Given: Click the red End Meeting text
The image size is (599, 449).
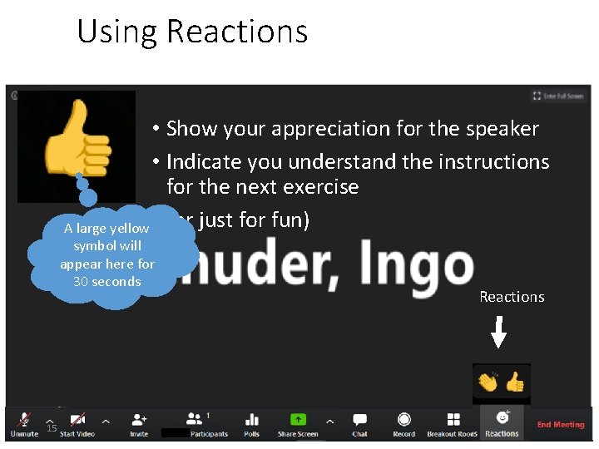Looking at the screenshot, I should (x=560, y=425).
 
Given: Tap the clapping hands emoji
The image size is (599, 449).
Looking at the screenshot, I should (x=488, y=382).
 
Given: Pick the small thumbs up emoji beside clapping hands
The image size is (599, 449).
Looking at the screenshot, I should (x=515, y=382).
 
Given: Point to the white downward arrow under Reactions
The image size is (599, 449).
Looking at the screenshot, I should (x=498, y=333).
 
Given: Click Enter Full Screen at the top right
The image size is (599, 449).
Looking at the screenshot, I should (x=558, y=96).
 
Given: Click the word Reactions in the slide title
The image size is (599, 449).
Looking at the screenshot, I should (x=237, y=32).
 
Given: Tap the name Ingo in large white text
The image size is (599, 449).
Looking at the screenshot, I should (x=420, y=265).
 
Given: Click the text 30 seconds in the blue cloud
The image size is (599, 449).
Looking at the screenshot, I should (x=107, y=281).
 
